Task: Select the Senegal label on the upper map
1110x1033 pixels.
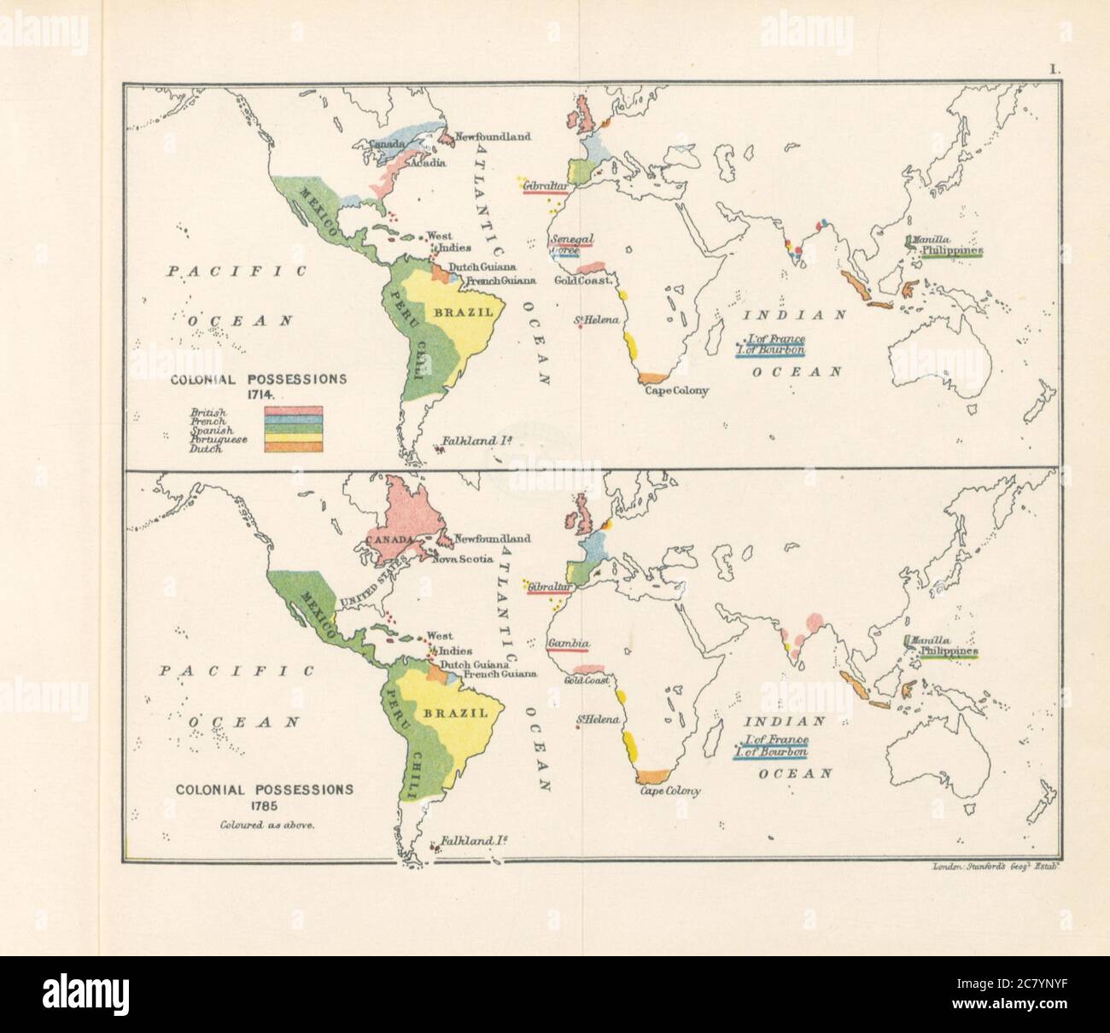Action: click(571, 238)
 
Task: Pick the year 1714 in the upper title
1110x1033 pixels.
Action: click(257, 395)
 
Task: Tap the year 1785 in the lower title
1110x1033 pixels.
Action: click(264, 805)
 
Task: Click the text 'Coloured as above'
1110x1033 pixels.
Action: click(264, 824)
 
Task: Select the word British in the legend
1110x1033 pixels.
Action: click(209, 412)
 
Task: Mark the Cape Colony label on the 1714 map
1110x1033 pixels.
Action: click(675, 391)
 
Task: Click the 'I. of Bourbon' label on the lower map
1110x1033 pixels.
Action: click(775, 752)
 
